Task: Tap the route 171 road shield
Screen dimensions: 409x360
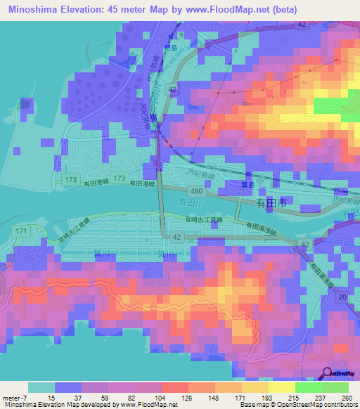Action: coord(20,230)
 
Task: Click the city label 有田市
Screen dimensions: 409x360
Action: coord(271,202)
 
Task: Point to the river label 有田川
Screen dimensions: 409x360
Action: coord(191,202)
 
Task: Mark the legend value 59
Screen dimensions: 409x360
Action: coord(105,398)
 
